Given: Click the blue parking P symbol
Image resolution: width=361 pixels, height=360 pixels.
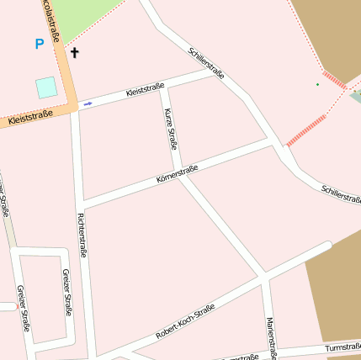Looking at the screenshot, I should (x=39, y=44).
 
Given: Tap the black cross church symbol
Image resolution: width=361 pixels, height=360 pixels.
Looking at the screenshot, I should (x=74, y=53).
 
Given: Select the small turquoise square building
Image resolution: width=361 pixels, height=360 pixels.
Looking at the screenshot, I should (x=46, y=87).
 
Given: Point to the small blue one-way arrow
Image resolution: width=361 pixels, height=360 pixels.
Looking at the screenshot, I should (x=88, y=103).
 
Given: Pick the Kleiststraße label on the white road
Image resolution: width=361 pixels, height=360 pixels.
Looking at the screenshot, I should (x=144, y=89).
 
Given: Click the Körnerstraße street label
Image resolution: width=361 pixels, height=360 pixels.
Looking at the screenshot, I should (x=177, y=175).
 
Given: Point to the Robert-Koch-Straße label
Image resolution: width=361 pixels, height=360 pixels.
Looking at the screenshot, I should (x=185, y=321).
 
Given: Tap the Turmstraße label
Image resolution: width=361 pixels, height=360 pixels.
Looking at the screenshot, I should (x=342, y=347).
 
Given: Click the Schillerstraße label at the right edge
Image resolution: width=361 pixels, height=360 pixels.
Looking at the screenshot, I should (x=341, y=194).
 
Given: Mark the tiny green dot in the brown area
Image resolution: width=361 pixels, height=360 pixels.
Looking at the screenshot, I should (x=317, y=84).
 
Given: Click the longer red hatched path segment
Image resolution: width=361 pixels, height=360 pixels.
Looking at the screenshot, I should (x=307, y=130).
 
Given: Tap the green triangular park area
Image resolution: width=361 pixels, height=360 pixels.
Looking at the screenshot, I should (x=81, y=15).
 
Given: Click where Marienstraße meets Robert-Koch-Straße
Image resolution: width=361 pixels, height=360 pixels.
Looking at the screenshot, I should (x=264, y=277).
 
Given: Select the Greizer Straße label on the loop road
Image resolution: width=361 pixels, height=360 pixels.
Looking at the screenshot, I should (x=67, y=292).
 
